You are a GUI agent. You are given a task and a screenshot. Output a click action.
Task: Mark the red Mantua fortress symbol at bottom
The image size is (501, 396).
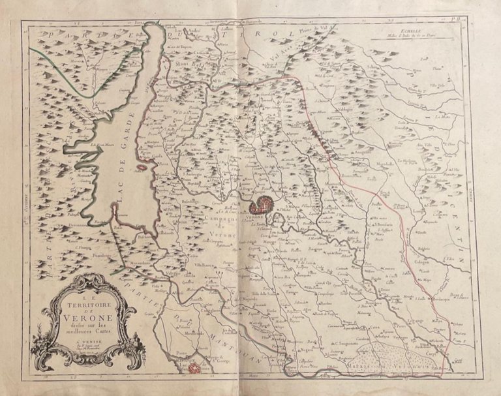(194, 369)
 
